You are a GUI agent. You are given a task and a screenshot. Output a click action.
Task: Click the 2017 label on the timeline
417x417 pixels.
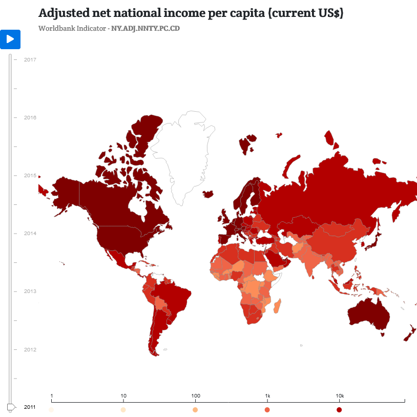click(x=30, y=59)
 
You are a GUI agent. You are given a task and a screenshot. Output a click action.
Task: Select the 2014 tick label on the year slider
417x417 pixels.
click(x=30, y=233)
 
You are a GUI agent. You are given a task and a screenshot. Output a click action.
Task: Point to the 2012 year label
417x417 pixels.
click(x=30, y=349)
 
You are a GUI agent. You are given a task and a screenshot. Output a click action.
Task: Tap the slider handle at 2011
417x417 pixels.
click(x=11, y=407)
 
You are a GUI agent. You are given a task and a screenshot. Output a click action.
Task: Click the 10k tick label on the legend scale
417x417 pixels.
click(x=339, y=396)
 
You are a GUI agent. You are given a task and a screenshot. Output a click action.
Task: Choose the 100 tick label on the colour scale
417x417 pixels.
click(x=195, y=396)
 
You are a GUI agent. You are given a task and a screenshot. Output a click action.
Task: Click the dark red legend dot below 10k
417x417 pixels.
click(x=339, y=410)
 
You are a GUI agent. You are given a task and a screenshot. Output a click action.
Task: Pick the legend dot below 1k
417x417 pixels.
click(x=267, y=410)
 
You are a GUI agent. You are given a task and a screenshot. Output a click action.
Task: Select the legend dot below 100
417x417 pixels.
click(x=195, y=410)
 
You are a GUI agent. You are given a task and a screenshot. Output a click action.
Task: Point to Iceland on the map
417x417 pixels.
click(x=208, y=194)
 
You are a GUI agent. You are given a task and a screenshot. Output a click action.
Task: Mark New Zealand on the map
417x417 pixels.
click(x=409, y=333)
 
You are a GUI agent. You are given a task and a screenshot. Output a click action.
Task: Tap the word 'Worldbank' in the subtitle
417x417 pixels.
click(x=56, y=28)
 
